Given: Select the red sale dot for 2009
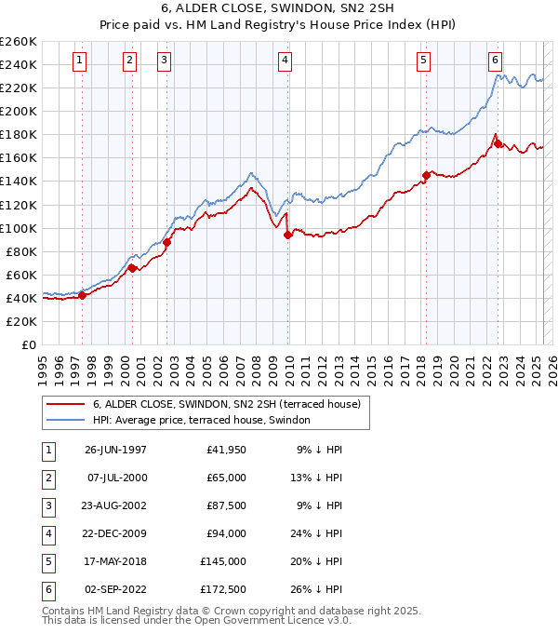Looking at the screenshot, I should coord(288,235).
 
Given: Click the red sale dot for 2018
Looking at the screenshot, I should coord(427,175).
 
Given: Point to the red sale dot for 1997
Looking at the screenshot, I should coord(82,295).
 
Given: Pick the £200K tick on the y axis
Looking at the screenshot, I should coord(20,111).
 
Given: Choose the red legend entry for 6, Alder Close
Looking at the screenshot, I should coord(232,404).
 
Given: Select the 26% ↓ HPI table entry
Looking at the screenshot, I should coord(317,589).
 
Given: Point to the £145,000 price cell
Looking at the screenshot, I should coord(223,561).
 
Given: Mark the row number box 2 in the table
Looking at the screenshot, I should coord(47,478).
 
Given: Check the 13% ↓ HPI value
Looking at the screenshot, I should coord(317,478).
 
